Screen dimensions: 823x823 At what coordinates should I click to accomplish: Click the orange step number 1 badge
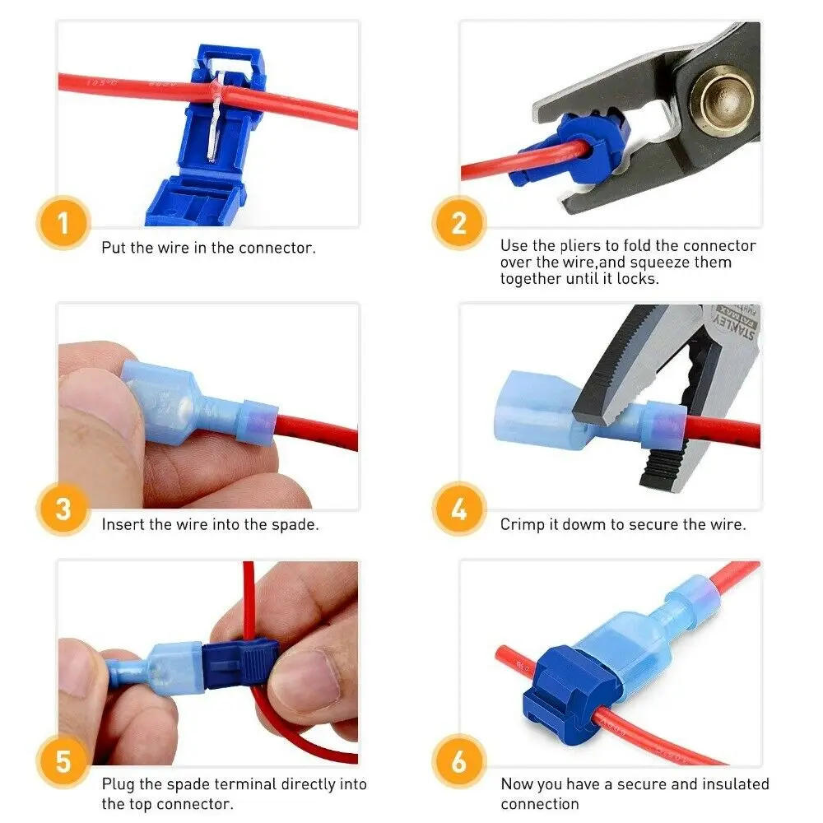coord(63,223)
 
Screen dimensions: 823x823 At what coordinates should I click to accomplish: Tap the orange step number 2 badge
coord(459,223)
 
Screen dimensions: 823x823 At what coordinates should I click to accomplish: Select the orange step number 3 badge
coord(63,509)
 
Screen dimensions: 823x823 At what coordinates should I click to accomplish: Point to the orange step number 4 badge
coord(459,509)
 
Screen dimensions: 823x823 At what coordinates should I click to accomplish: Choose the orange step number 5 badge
coord(63,762)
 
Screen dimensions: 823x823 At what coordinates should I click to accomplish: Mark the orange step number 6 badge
coord(459,762)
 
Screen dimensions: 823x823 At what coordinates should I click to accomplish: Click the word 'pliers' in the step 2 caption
coord(577,246)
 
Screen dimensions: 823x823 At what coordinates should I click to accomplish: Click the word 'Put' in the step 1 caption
coord(114,247)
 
